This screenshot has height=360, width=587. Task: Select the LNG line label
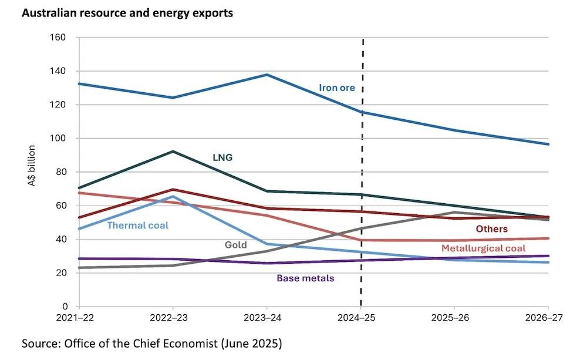point(222,157)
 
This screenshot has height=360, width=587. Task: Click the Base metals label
point(305,278)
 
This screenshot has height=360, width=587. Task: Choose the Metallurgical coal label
point(483,248)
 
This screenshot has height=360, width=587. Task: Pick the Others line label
point(491,229)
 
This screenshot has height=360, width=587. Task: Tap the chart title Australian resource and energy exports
point(127,13)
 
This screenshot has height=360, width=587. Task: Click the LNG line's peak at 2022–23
point(173,152)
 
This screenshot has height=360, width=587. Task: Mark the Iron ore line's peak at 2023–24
point(267,75)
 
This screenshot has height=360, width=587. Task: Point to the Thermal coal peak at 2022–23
point(173,197)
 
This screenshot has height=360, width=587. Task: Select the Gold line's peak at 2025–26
point(454,212)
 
